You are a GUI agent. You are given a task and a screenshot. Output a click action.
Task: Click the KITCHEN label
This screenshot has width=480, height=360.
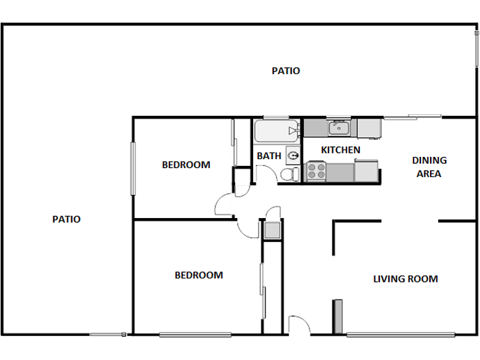tap(341, 149)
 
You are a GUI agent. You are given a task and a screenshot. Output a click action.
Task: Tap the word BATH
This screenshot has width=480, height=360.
tap(269, 156)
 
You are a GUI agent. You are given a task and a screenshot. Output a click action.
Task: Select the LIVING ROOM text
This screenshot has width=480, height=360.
tap(405, 279)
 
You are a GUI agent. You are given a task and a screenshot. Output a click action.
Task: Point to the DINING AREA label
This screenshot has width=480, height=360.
tap(429, 167)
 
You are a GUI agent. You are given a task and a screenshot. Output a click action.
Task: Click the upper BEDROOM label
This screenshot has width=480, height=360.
tap(186, 165)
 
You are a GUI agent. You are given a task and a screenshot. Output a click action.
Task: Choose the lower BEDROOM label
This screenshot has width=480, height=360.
tap(199, 275)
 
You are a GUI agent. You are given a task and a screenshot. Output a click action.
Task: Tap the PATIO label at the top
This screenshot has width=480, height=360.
tap(285, 71)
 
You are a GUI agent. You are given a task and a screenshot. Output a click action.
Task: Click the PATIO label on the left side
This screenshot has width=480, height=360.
tap(67, 219)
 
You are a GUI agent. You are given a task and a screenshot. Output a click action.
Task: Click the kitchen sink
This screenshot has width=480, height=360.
tap(339, 128)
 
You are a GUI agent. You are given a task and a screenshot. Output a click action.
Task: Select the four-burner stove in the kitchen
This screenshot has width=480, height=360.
tap(316, 171)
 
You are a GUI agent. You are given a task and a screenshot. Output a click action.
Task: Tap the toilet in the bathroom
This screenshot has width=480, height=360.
tap(289, 175)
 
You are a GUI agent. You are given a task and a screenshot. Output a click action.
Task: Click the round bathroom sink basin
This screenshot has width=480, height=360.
tap(293, 156)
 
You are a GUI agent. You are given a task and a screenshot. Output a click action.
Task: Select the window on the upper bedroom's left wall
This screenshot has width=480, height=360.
tap(134, 167)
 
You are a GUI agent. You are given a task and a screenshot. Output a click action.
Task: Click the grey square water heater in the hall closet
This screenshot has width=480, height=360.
tap(272, 230)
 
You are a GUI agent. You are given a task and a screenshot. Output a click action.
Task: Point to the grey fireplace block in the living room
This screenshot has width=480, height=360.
tap(337, 316)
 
